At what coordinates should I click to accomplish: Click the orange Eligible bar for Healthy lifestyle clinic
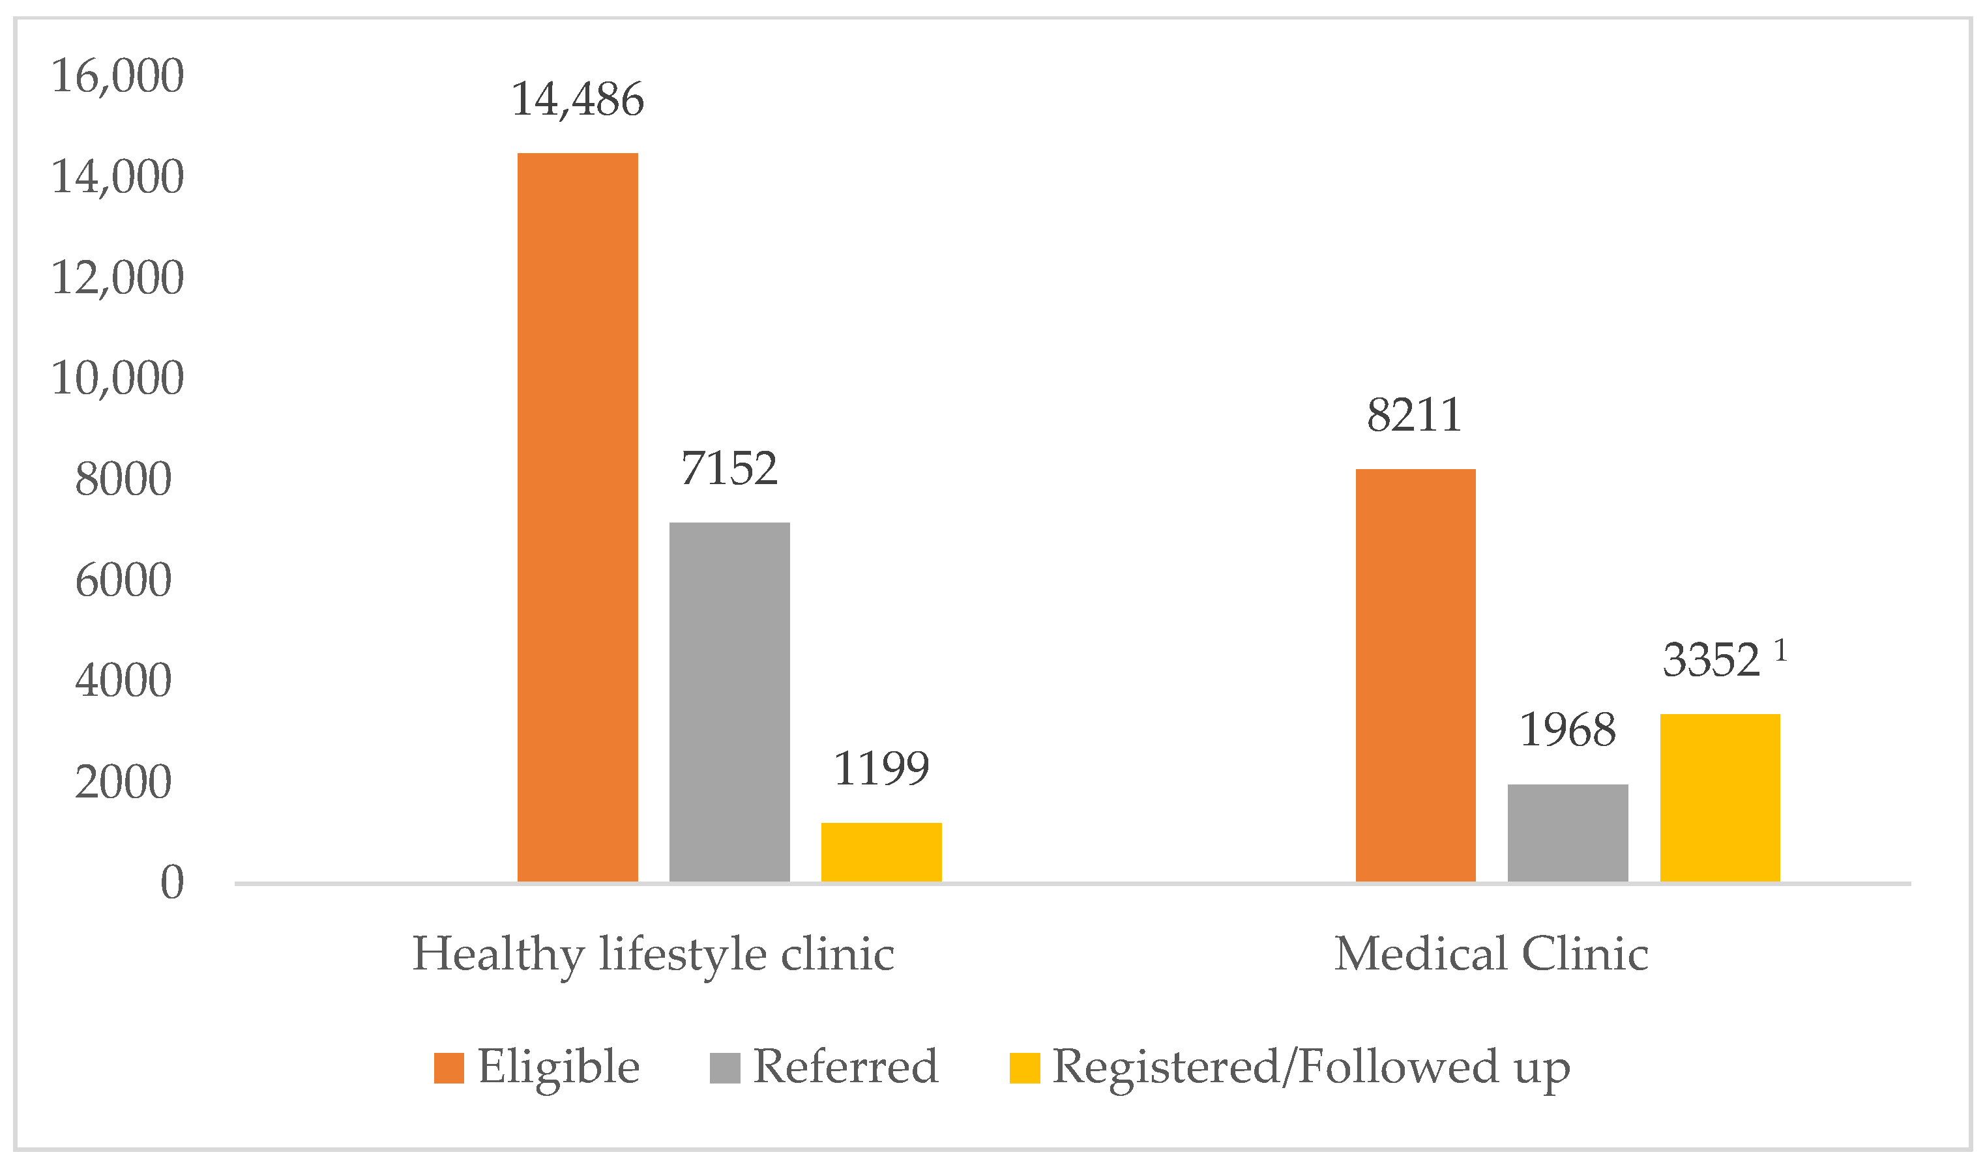(x=578, y=517)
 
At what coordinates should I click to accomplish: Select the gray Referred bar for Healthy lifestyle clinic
(x=729, y=702)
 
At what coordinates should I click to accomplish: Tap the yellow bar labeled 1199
(x=881, y=852)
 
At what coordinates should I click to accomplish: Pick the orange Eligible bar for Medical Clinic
(x=1415, y=675)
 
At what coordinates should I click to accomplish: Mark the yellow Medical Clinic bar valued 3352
(x=1720, y=797)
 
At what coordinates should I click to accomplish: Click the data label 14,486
(x=578, y=100)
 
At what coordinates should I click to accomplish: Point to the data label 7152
(x=729, y=468)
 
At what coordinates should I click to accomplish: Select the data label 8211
(x=1415, y=415)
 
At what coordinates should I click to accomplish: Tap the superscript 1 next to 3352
(x=1780, y=650)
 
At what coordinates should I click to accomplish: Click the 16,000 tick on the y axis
(x=117, y=76)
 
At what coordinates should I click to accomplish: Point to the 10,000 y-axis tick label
(x=117, y=378)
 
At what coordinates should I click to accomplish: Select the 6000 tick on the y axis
(x=124, y=581)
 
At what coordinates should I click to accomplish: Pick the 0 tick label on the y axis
(x=171, y=882)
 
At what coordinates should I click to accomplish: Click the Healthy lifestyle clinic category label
(x=653, y=955)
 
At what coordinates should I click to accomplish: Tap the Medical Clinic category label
(x=1491, y=955)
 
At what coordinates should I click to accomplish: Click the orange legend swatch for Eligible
(x=449, y=1069)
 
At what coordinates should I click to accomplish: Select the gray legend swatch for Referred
(x=725, y=1069)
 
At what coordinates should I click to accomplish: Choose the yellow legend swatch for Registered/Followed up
(x=1025, y=1069)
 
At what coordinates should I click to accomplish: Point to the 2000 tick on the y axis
(x=124, y=782)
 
